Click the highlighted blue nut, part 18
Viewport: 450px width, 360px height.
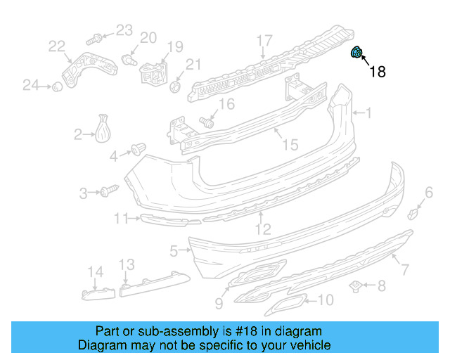[x=356, y=52]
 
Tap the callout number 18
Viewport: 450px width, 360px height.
[x=377, y=71]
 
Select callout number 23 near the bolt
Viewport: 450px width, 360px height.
[x=124, y=30]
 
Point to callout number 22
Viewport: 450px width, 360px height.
[x=57, y=46]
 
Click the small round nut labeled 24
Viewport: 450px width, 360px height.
[x=53, y=86]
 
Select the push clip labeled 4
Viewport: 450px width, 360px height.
[x=138, y=149]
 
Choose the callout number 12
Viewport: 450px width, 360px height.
[x=262, y=229]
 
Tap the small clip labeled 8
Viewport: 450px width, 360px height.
[x=357, y=285]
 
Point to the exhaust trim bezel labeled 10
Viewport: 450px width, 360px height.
[x=284, y=304]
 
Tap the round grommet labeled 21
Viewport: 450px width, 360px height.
[x=176, y=87]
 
